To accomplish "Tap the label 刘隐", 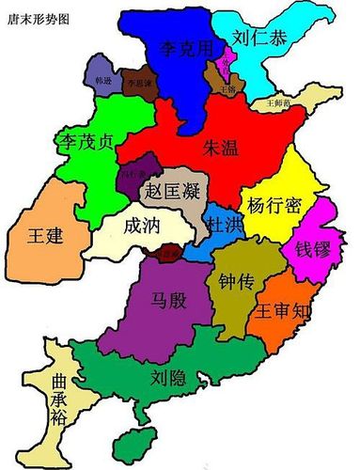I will [x=170, y=378].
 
